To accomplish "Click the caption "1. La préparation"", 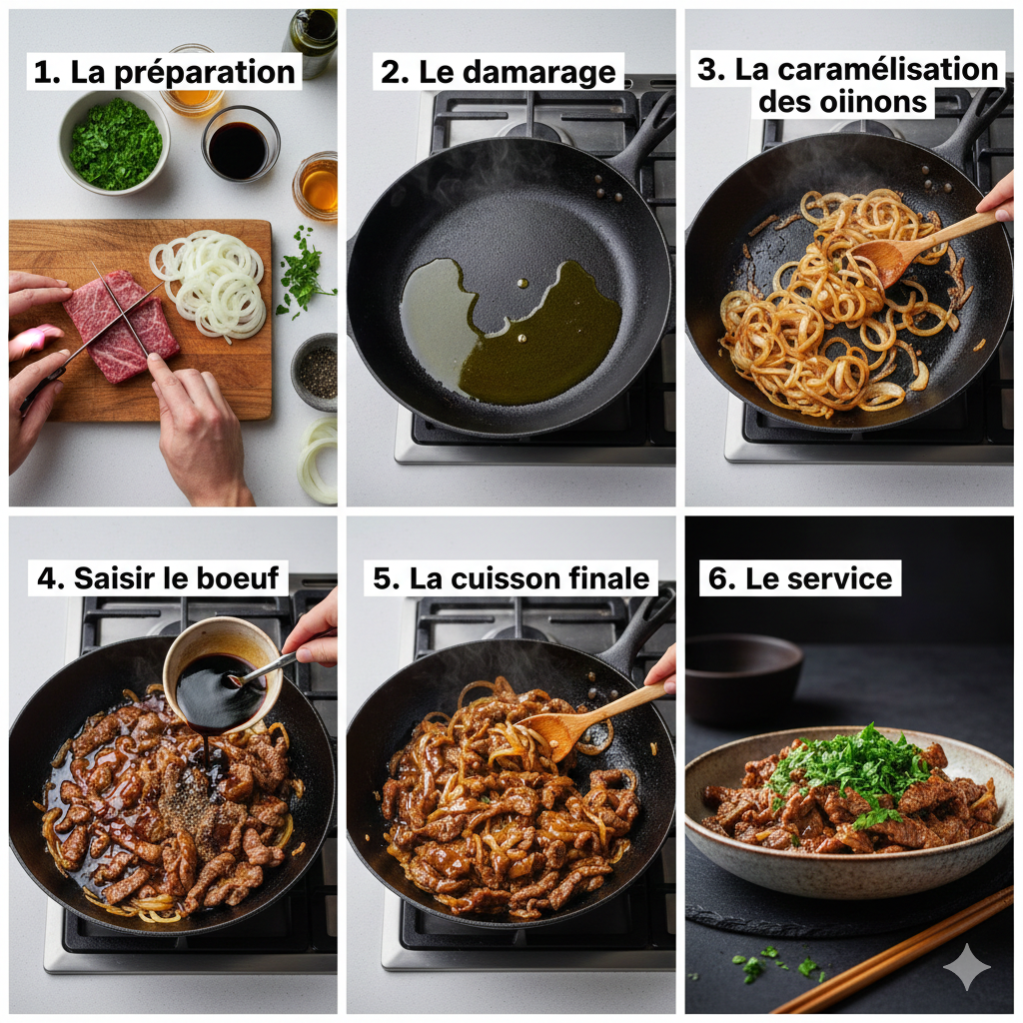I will (165, 72).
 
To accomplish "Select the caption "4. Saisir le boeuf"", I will (158, 577).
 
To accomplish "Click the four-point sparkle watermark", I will (966, 966).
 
